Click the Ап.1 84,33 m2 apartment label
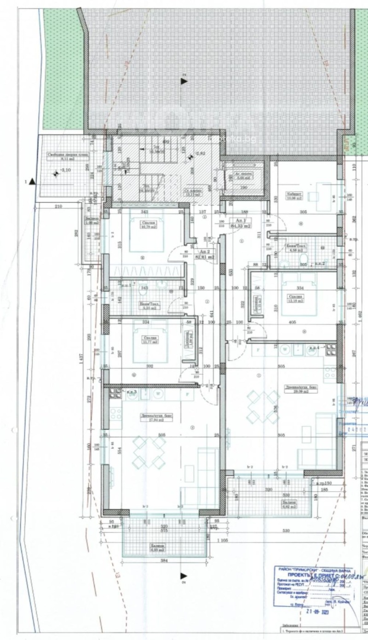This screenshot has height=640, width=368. [242, 223]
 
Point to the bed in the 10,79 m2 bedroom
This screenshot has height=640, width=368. [146, 230]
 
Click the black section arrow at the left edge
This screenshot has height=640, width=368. [32, 182]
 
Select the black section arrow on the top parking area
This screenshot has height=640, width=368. [184, 81]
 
